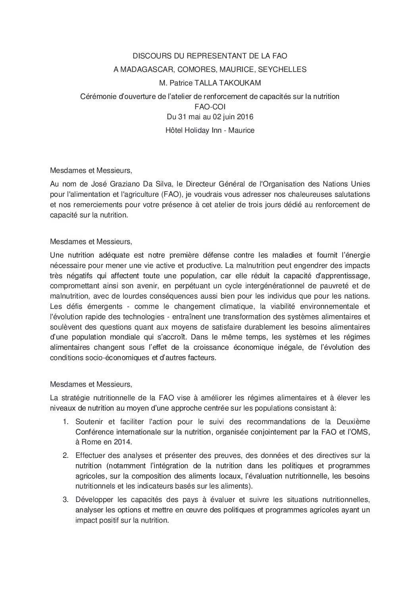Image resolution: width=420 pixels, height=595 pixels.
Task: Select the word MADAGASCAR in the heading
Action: tap(146, 70)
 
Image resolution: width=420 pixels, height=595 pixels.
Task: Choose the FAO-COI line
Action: tap(210, 107)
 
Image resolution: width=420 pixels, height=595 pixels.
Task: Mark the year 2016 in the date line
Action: tap(246, 117)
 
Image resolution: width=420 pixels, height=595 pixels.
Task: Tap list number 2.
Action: tap(66, 455)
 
